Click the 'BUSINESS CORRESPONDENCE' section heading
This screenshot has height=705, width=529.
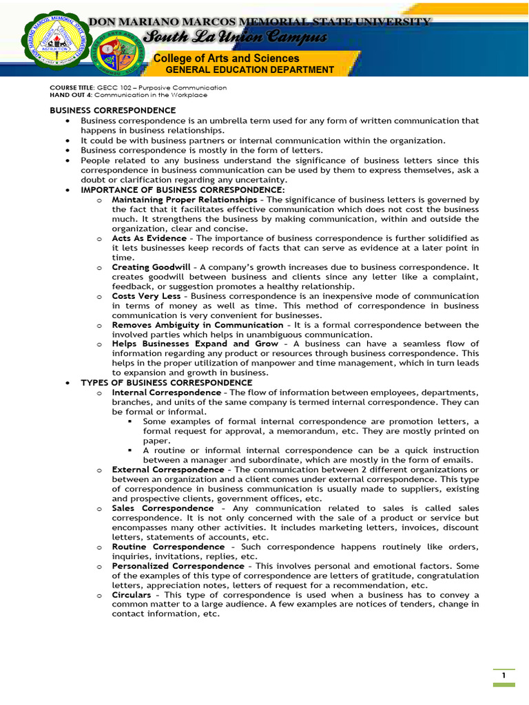[x=112, y=110]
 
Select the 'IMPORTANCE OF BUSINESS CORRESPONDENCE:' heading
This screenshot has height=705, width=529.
[x=183, y=189]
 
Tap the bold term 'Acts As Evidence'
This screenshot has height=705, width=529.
[x=149, y=238]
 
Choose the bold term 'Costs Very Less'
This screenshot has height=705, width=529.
[x=147, y=296]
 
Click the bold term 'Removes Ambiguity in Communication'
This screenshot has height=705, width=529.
[x=198, y=325]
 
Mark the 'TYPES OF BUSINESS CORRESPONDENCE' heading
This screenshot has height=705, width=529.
[x=167, y=383]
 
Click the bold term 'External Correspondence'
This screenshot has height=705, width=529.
[x=168, y=470]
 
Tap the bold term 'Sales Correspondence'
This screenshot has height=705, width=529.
[x=163, y=508]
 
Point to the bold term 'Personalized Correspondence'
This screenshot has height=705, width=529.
[x=178, y=566]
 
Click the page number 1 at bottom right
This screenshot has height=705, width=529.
[x=504, y=675]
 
